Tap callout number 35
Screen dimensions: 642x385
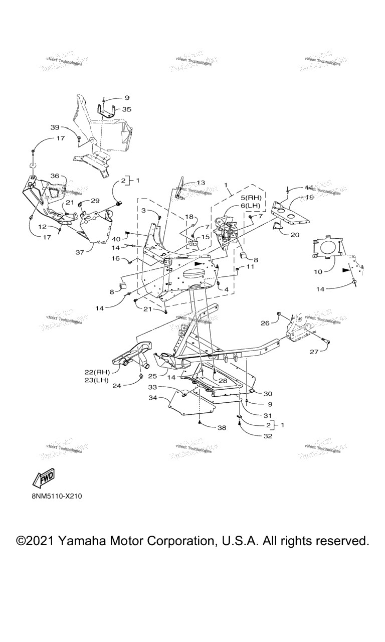127,109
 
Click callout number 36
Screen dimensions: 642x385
55,176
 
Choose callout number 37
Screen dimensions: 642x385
80,252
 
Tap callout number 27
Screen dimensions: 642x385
314,352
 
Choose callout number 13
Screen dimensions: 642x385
201,183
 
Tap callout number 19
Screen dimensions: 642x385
309,197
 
